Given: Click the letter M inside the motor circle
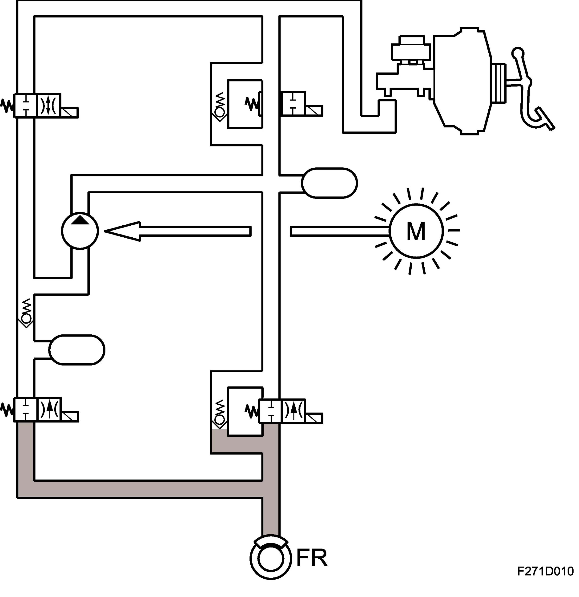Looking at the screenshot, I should (x=416, y=232).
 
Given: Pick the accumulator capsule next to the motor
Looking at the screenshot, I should (x=329, y=183).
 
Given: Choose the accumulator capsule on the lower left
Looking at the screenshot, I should (x=77, y=350).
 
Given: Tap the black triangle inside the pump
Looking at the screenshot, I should (x=80, y=220).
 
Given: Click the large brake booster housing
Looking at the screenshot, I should (x=462, y=81).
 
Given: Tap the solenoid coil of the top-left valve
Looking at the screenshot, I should (x=69, y=112).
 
